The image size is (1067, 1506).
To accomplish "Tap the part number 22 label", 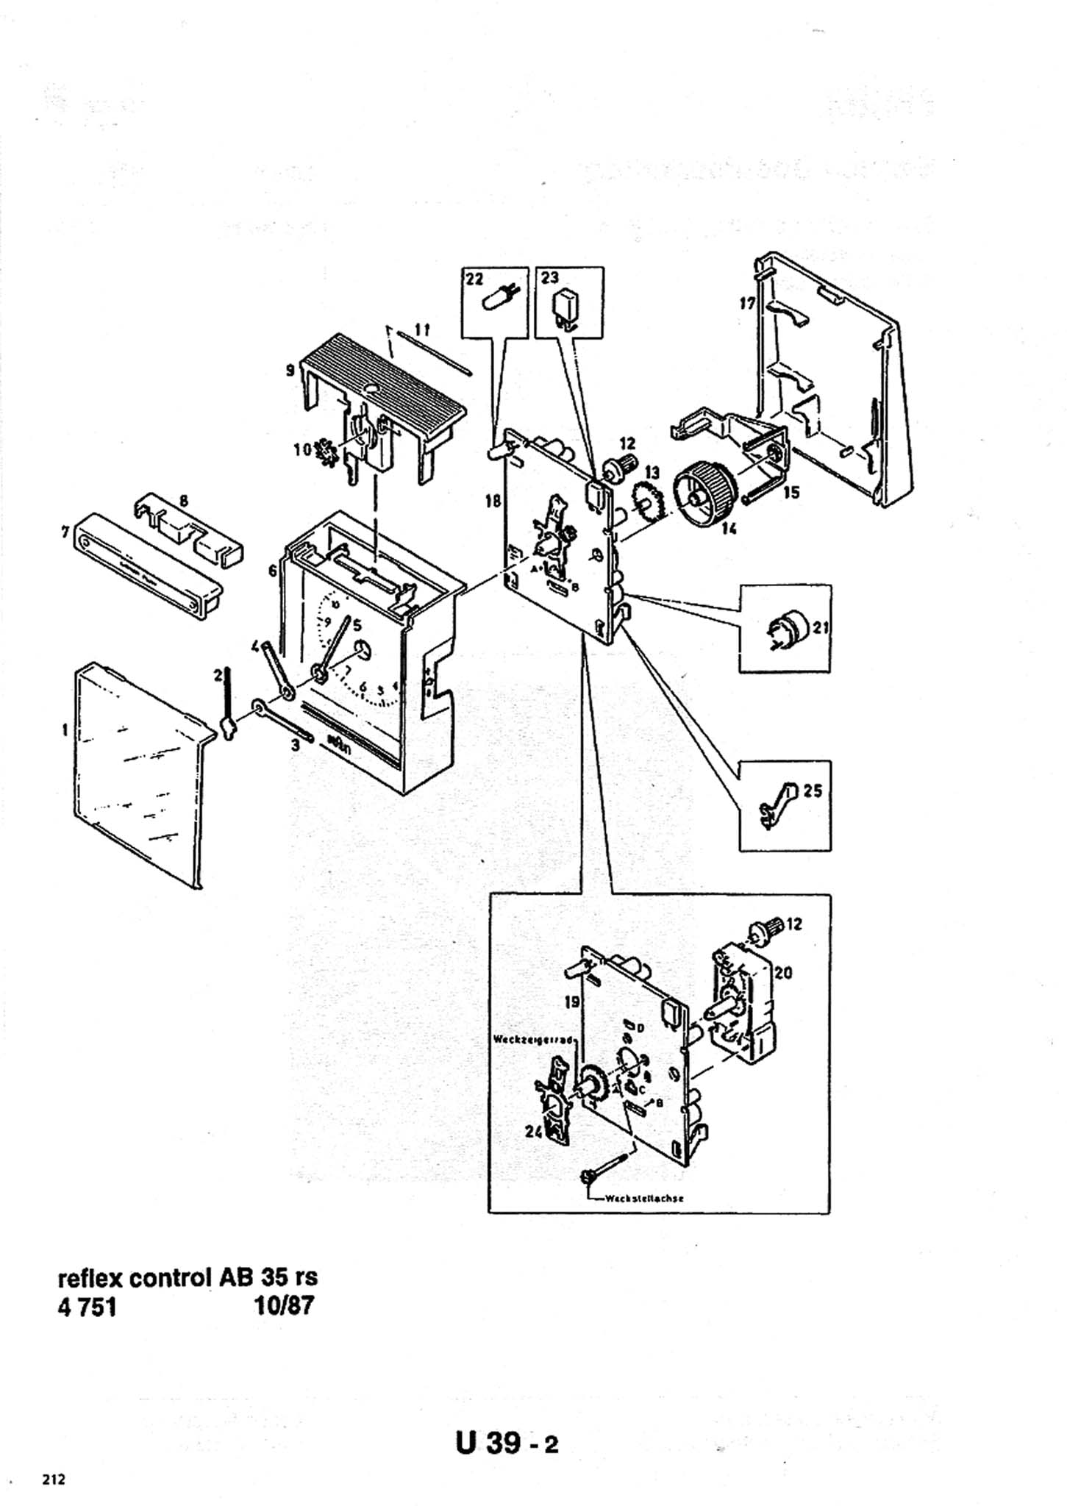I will click(474, 278).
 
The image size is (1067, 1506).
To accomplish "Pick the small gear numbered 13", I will click(644, 504).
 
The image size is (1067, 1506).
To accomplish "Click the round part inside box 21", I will click(786, 629).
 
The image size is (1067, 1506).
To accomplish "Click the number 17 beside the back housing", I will click(747, 303).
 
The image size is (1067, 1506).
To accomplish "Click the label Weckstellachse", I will click(645, 1198).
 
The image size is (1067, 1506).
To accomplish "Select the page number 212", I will click(54, 1479).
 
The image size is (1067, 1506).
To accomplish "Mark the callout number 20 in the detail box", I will click(783, 973).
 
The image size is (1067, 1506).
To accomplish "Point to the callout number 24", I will click(533, 1132).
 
